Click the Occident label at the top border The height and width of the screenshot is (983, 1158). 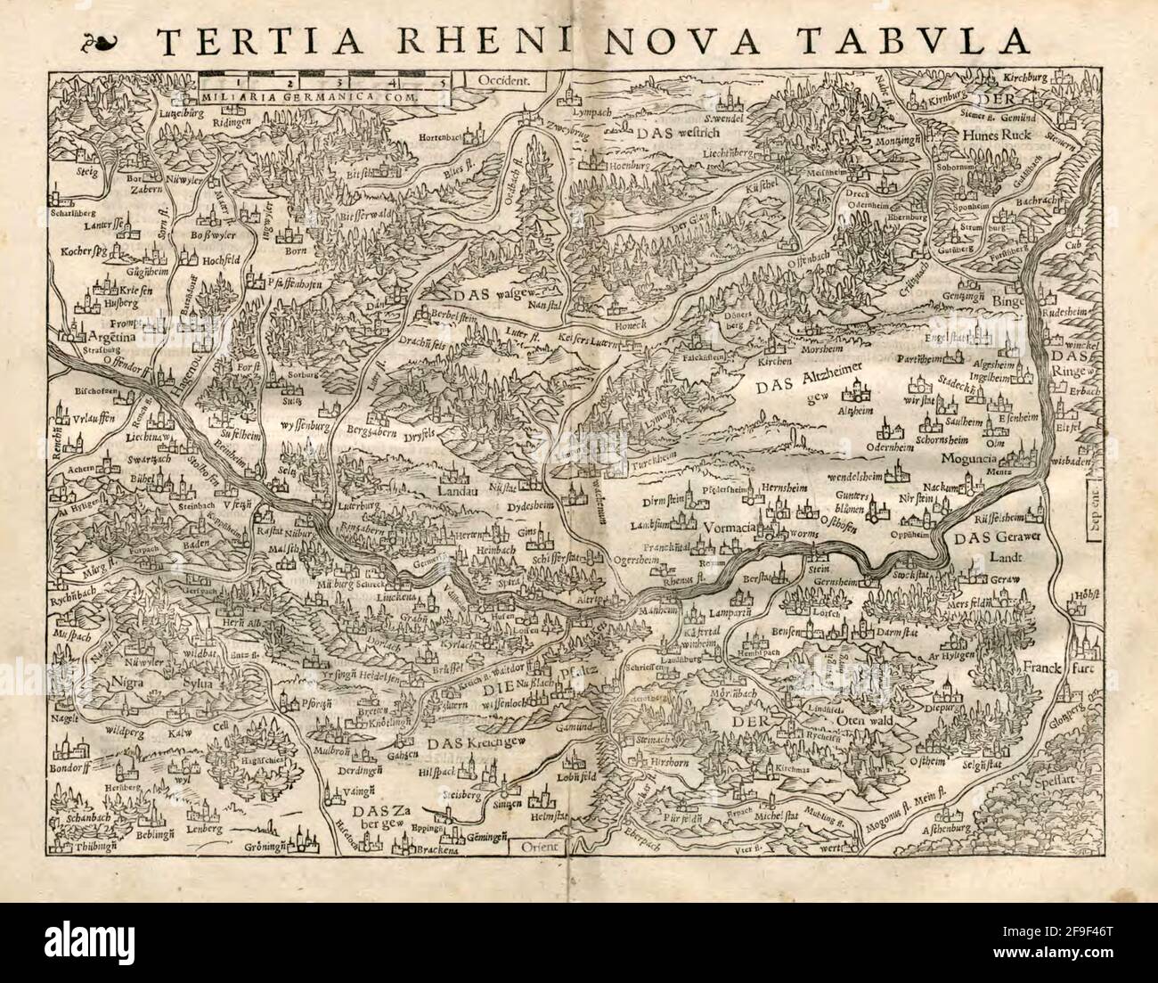point(503,79)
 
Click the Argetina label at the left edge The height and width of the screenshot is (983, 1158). point(100,337)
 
